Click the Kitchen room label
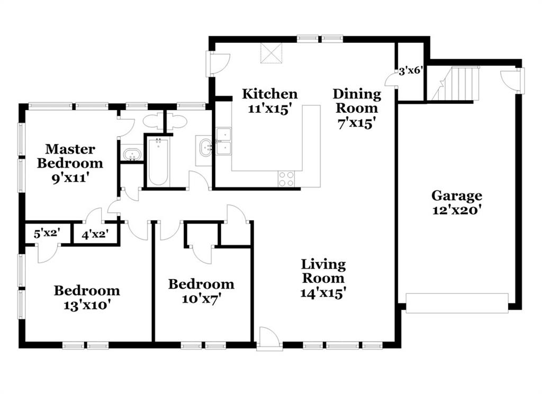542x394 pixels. pyautogui.click(x=269, y=94)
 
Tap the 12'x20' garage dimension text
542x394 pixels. pyautogui.click(x=457, y=210)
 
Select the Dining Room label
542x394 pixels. pyautogui.click(x=357, y=101)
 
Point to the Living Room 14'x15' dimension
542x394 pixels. pyautogui.click(x=323, y=293)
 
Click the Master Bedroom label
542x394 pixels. pyautogui.click(x=70, y=156)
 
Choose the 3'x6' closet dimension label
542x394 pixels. pyautogui.click(x=411, y=71)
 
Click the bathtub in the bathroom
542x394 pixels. pyautogui.click(x=158, y=162)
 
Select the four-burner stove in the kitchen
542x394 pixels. pyautogui.click(x=286, y=179)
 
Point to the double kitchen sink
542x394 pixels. pyautogui.click(x=224, y=141)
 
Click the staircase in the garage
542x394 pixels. pyautogui.click(x=453, y=84)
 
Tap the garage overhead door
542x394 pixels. pyautogui.click(x=457, y=303)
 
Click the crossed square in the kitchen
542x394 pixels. pyautogui.click(x=272, y=53)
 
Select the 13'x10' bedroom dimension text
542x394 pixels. pyautogui.click(x=87, y=306)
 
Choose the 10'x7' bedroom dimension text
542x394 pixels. pyautogui.click(x=202, y=298)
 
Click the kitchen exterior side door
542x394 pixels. pyautogui.click(x=217, y=64)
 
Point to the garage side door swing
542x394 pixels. pyautogui.click(x=510, y=80)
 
